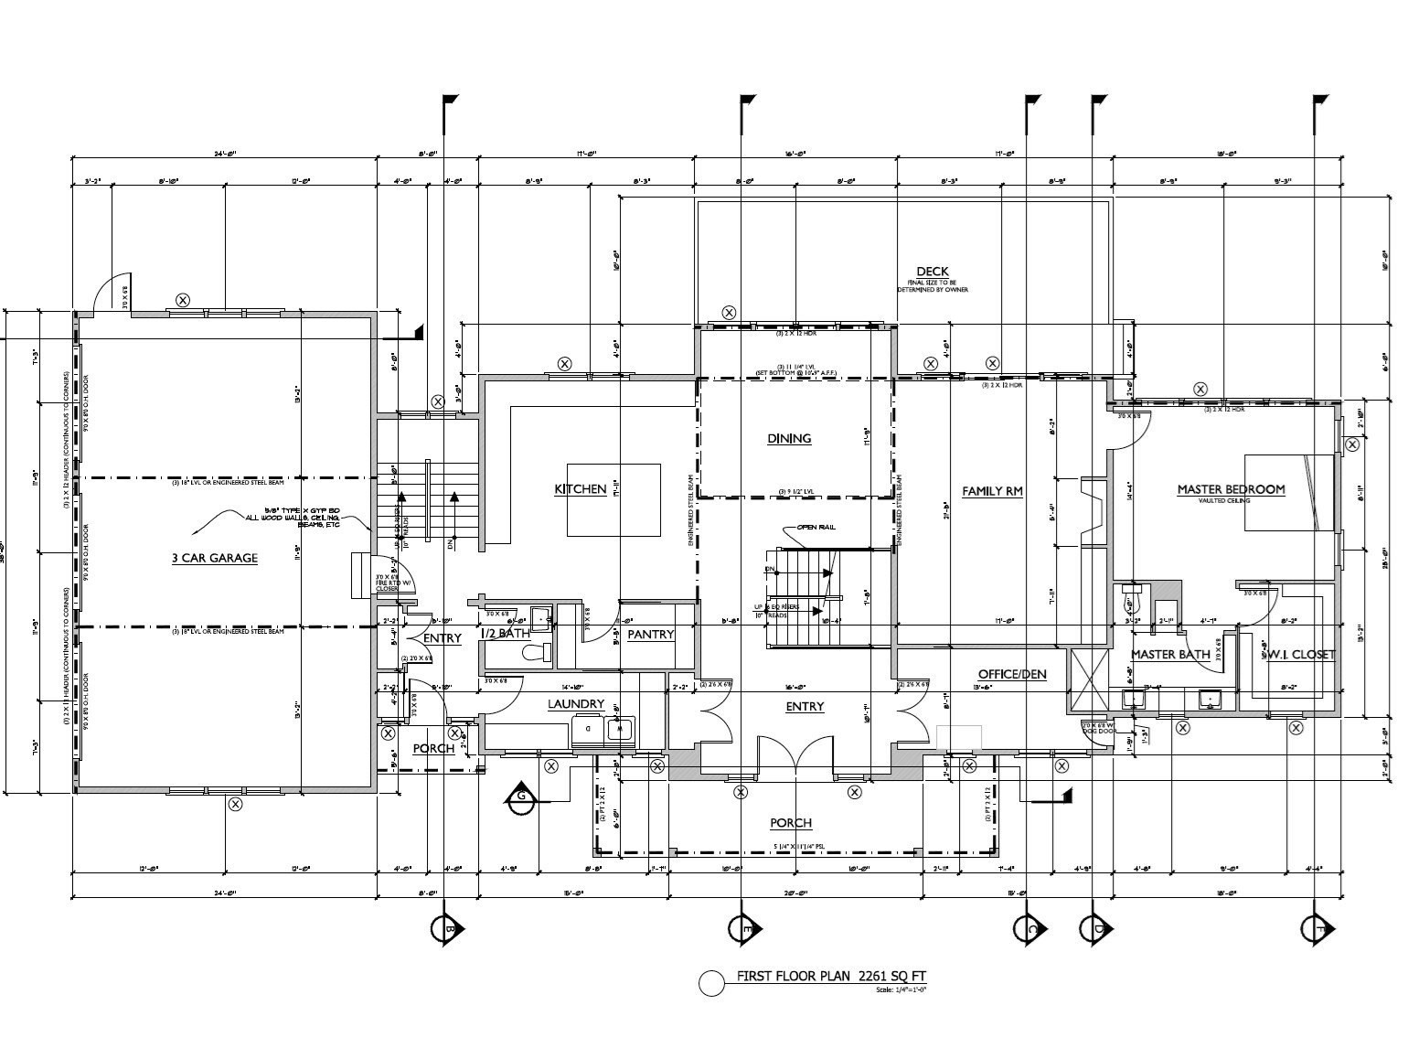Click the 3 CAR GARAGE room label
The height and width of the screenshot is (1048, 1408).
[215, 558]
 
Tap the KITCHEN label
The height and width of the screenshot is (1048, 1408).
[581, 489]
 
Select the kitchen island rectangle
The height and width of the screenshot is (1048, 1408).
[613, 499]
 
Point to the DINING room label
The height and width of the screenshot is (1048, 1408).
[789, 439]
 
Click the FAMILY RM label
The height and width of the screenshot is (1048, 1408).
[992, 492]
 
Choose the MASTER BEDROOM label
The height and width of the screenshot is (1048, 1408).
[1231, 489]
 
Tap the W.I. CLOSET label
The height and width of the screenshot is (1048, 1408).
[1299, 655]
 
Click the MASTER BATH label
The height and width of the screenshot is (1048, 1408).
[1170, 655]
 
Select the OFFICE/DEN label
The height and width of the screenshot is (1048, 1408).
[1012, 675]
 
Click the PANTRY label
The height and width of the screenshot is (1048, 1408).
[651, 635]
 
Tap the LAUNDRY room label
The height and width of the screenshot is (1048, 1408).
[576, 704]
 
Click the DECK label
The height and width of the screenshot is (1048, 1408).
[933, 272]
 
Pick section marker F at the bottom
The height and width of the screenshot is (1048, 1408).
[1317, 928]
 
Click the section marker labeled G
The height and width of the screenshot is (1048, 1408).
[520, 797]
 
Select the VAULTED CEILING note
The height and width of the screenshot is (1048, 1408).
[1231, 501]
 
